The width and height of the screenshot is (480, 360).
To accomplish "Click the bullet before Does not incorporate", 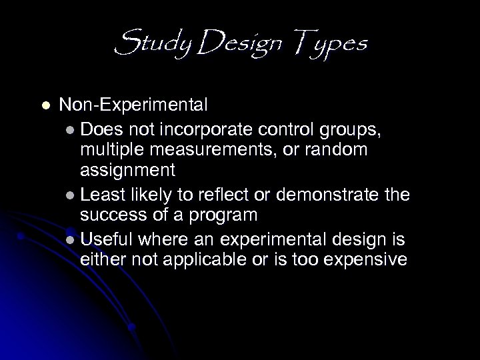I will (x=71, y=127).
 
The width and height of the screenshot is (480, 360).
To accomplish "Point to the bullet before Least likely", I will (x=71, y=195).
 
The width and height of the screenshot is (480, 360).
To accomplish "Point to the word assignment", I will (x=127, y=173).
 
